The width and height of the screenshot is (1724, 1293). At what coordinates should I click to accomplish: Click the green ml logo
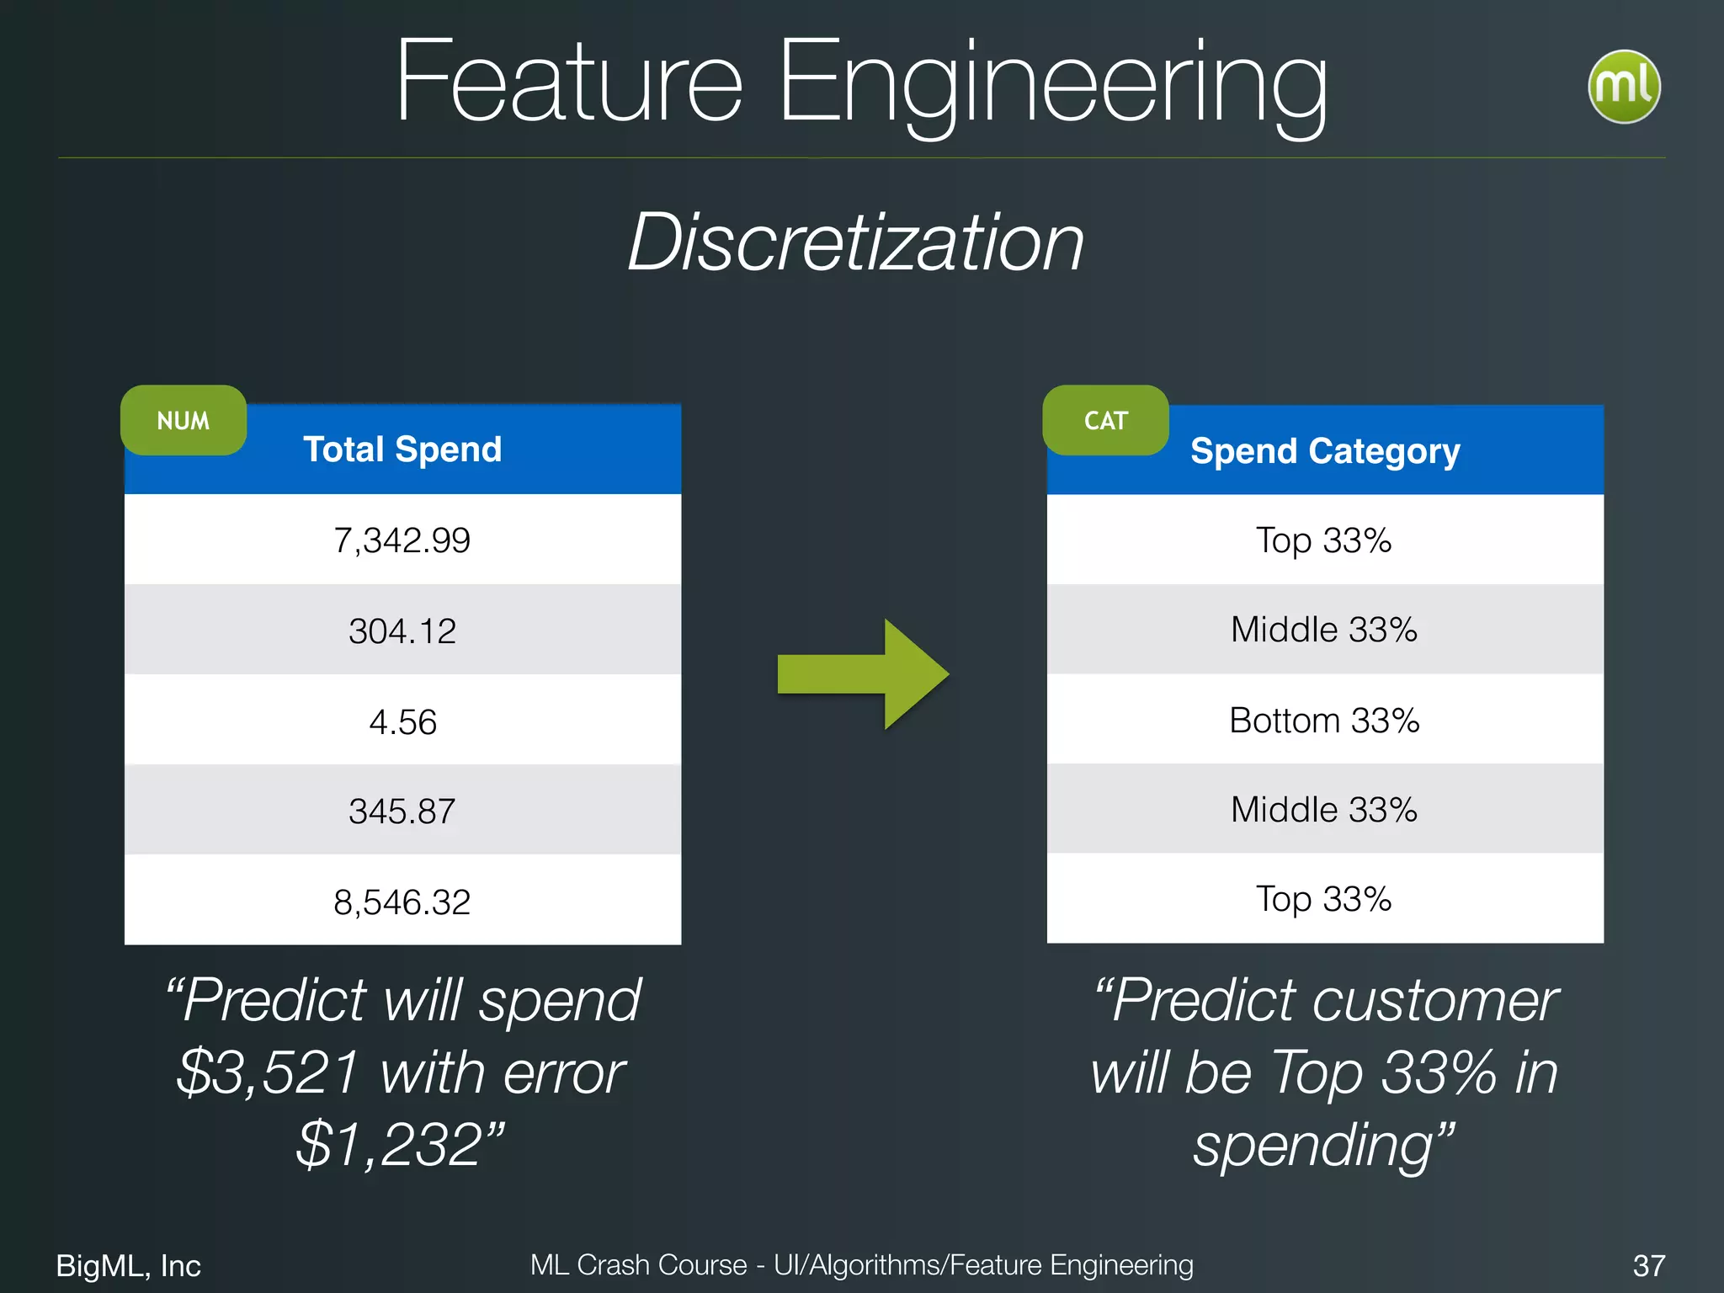(x=1623, y=88)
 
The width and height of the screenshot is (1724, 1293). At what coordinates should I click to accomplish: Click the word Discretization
(x=855, y=242)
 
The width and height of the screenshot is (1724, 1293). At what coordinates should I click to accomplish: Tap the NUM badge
(x=184, y=420)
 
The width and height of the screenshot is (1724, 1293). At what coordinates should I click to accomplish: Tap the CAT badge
(x=1105, y=420)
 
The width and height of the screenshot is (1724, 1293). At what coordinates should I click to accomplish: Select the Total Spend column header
(x=402, y=450)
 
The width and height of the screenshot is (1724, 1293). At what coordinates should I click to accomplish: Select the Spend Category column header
(x=1325, y=451)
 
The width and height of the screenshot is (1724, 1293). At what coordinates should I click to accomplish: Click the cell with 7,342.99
(x=402, y=540)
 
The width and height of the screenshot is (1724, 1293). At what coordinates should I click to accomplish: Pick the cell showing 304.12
(x=402, y=631)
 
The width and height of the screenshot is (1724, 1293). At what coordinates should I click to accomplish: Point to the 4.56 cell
(x=402, y=722)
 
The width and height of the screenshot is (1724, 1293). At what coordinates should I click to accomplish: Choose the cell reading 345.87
(x=402, y=811)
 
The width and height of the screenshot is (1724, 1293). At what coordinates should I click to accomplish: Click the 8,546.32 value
(x=402, y=902)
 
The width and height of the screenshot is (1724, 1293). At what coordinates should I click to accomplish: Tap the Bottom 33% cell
(x=1324, y=721)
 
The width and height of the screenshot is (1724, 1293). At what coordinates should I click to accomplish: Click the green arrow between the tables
(x=863, y=674)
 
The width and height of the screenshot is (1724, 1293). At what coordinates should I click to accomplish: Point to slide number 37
(x=1648, y=1265)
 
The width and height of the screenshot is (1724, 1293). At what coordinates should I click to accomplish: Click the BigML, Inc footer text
(x=129, y=1265)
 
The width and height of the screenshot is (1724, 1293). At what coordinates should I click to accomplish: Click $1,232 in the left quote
(x=391, y=1145)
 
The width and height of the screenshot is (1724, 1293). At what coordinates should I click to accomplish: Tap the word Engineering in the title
(x=1052, y=84)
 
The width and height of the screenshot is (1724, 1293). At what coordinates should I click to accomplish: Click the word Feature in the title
(x=569, y=84)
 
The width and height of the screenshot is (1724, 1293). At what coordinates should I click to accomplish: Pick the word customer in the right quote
(x=1434, y=1001)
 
